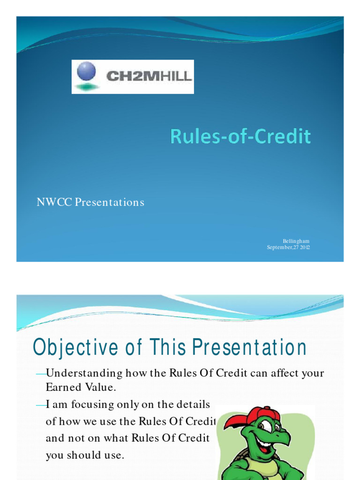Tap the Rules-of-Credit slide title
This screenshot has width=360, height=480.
[x=240, y=136]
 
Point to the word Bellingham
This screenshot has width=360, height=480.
[x=296, y=241]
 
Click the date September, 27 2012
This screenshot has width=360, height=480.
[x=288, y=247]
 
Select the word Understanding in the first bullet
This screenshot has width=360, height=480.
[x=84, y=374]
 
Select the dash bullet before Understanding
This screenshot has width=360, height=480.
[x=41, y=374]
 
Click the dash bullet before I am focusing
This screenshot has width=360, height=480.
[x=41, y=404]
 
